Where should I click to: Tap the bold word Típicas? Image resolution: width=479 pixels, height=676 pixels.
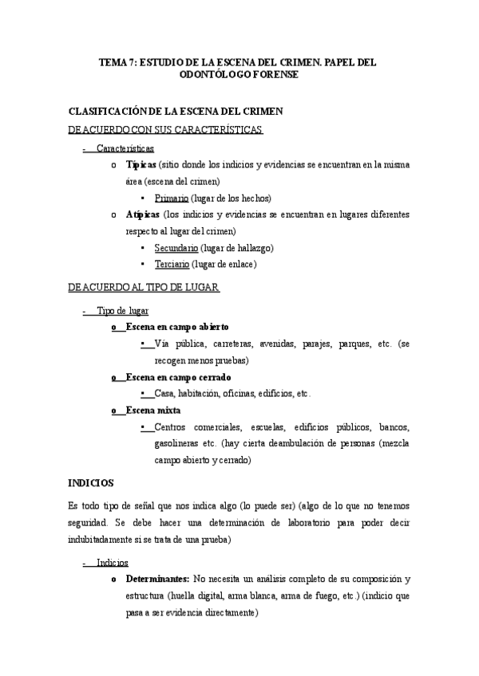pyautogui.click(x=141, y=165)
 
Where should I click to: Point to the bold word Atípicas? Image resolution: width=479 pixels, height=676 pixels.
pyautogui.click(x=142, y=214)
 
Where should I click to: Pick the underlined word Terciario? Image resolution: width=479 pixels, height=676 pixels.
pyautogui.click(x=172, y=265)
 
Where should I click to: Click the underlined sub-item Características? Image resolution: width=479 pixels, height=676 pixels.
pyautogui.click(x=125, y=148)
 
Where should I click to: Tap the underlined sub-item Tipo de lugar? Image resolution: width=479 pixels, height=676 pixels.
pyautogui.click(x=122, y=310)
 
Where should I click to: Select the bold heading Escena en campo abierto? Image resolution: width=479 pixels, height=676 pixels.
pyautogui.click(x=177, y=327)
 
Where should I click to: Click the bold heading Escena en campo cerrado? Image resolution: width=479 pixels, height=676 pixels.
pyautogui.click(x=178, y=376)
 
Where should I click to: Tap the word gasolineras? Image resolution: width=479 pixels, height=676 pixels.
pyautogui.click(x=177, y=443)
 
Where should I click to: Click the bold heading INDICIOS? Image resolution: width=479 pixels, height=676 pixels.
pyautogui.click(x=91, y=483)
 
